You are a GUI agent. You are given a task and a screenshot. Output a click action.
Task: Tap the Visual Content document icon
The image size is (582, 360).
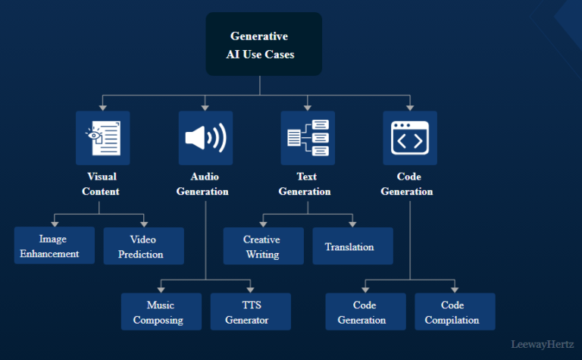pos(102,138)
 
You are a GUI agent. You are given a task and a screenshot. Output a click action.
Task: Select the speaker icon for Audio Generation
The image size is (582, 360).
pos(205,138)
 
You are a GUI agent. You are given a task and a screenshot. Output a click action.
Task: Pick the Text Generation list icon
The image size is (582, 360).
pos(308,138)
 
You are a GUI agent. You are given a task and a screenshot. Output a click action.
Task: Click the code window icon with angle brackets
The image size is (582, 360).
pos(410,138)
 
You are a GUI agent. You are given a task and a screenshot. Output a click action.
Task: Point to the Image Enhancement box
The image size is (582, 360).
pos(55,246)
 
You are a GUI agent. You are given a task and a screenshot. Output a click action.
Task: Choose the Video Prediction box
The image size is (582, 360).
pos(143,246)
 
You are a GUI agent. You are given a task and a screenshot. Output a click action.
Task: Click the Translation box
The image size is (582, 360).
pos(352,246)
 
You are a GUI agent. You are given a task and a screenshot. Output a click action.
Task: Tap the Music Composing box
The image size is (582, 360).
pos(161,311)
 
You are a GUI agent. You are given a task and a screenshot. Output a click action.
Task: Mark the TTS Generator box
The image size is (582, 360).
pos(250,311)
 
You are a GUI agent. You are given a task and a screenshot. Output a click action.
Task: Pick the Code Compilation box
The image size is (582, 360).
pos(455,311)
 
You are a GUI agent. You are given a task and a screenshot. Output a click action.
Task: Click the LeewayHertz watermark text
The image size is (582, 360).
pos(543,343)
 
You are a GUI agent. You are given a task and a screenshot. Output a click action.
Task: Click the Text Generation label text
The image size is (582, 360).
pos(305,183)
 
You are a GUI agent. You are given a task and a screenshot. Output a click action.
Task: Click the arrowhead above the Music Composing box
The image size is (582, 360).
pos(161,290)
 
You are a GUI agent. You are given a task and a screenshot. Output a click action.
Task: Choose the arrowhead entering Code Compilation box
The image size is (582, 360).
pos(455,290)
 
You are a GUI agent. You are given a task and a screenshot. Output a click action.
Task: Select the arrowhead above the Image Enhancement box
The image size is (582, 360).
pos(55,223)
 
